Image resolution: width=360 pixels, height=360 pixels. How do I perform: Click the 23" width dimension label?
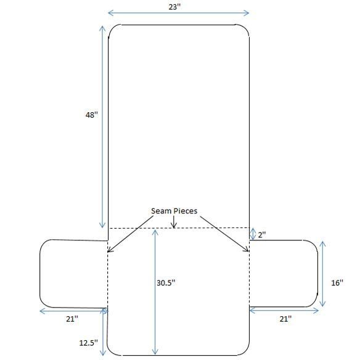pos(174,7)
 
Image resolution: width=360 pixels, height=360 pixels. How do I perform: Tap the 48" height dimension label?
pos(92,115)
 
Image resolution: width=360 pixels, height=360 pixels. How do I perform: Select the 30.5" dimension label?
pos(166,282)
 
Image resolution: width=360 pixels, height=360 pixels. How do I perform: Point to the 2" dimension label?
pos(262,235)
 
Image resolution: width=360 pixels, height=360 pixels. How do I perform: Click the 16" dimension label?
pos(337,282)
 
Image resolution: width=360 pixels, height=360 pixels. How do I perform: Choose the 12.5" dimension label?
pos(88,343)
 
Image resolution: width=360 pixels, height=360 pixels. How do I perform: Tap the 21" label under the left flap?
pos(72,319)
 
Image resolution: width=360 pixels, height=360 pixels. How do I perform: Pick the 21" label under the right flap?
pos(285,319)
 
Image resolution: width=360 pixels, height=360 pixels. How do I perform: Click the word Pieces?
pos(185,211)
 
